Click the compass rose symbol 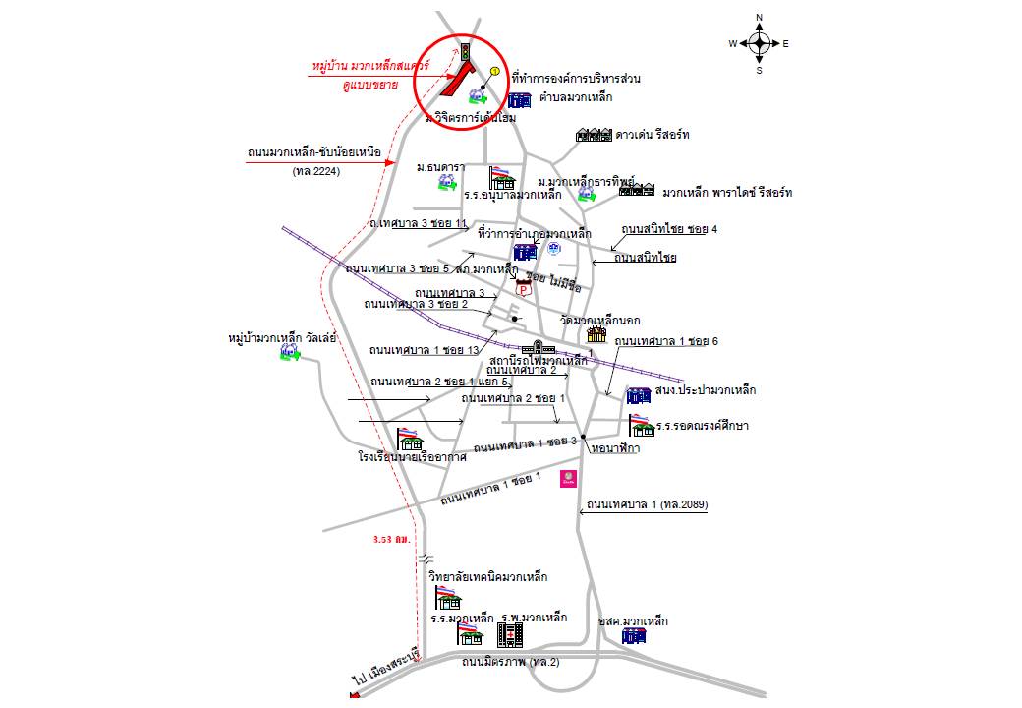click(x=760, y=43)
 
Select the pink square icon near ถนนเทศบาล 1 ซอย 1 click(x=568, y=479)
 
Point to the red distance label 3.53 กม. click(x=392, y=540)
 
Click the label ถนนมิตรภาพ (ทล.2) click(x=510, y=663)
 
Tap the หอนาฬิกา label click(x=616, y=448)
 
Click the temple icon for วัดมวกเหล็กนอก click(x=596, y=334)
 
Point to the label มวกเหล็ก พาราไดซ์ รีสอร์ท click(x=727, y=192)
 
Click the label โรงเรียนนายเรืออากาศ click(x=412, y=457)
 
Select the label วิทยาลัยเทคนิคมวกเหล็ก click(x=487, y=576)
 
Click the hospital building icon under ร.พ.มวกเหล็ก click(x=510, y=635)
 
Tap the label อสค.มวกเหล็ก click(x=634, y=621)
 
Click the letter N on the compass click(x=760, y=18)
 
